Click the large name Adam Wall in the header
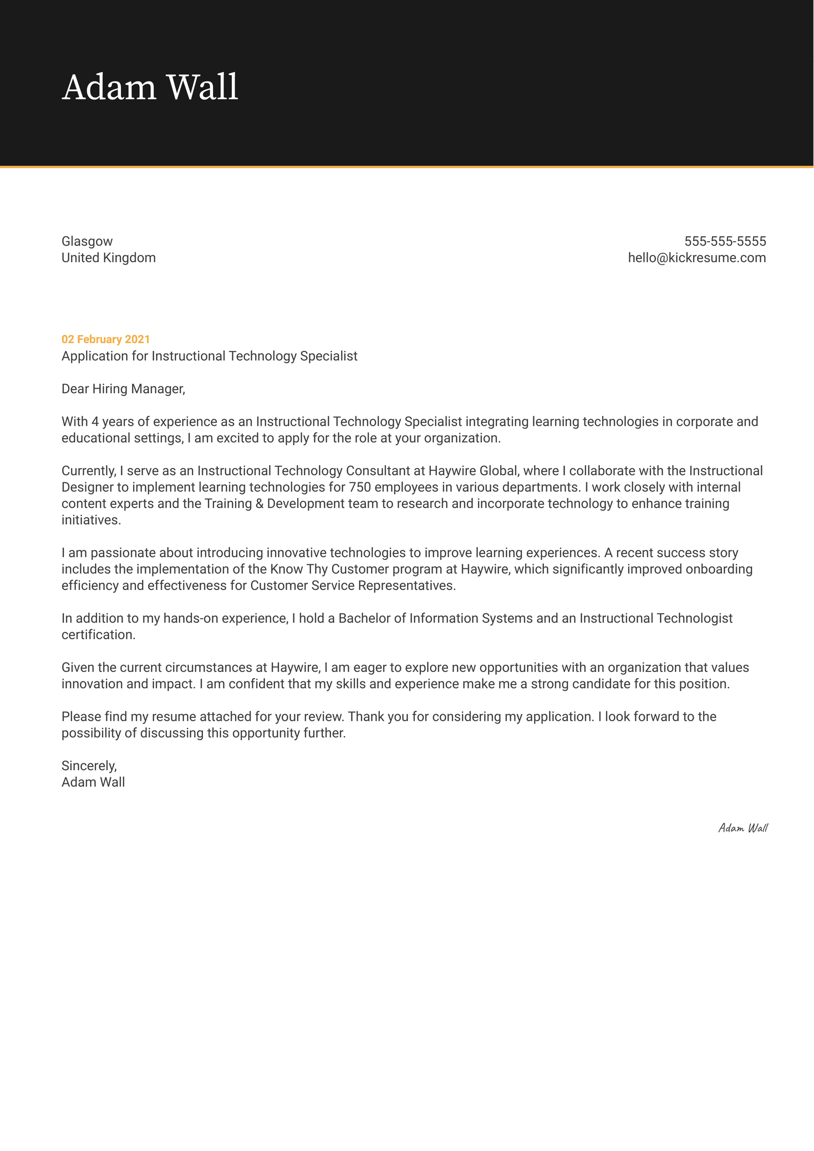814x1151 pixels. tap(150, 88)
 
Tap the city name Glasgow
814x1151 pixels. tap(87, 241)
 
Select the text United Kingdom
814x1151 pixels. tap(108, 258)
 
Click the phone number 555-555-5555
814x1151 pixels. tap(725, 241)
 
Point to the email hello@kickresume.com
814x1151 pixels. tap(696, 258)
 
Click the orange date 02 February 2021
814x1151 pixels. tap(105, 339)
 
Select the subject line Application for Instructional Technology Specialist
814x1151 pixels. tap(209, 356)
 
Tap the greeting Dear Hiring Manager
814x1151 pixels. tap(123, 389)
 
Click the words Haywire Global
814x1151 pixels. tap(472, 471)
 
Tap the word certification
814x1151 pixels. tap(98, 635)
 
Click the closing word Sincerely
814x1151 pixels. tap(89, 766)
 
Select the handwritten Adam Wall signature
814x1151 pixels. tap(742, 828)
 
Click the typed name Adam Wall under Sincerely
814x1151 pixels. tap(93, 782)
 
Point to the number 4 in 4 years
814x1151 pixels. tap(95, 421)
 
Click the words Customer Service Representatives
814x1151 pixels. tap(353, 585)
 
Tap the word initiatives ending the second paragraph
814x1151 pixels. tap(90, 520)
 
